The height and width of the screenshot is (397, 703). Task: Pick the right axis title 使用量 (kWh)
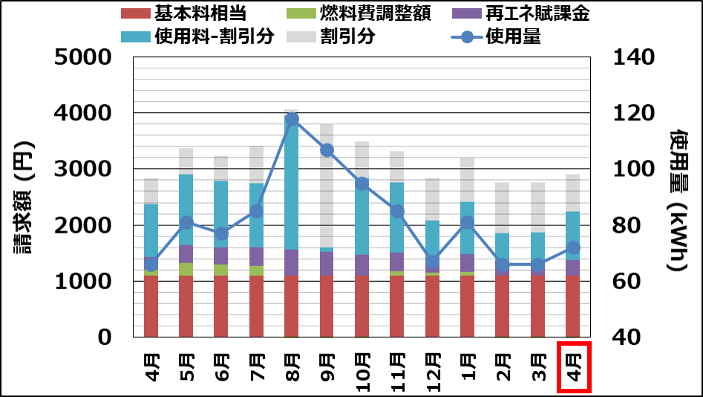tap(679, 198)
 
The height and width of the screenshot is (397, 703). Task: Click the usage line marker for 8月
tap(292, 119)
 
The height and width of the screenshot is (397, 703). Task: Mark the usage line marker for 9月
tap(327, 150)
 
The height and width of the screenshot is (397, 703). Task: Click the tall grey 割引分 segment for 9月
tap(327, 186)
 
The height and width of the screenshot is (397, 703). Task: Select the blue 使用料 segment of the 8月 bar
tap(292, 186)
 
